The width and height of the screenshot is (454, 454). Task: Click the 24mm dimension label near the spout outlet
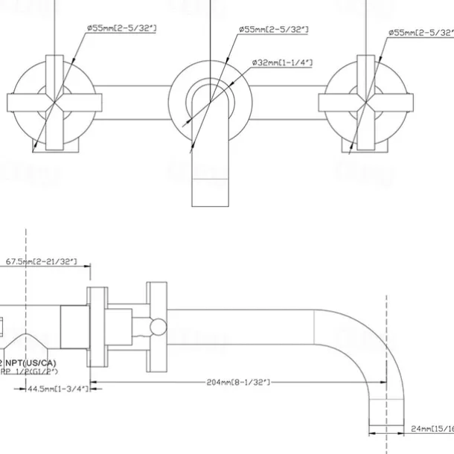[432, 429]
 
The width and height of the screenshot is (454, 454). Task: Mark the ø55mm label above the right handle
[421, 33]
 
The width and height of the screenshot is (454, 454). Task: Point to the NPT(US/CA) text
[30, 362]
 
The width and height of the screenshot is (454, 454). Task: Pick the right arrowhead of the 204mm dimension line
[383, 383]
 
